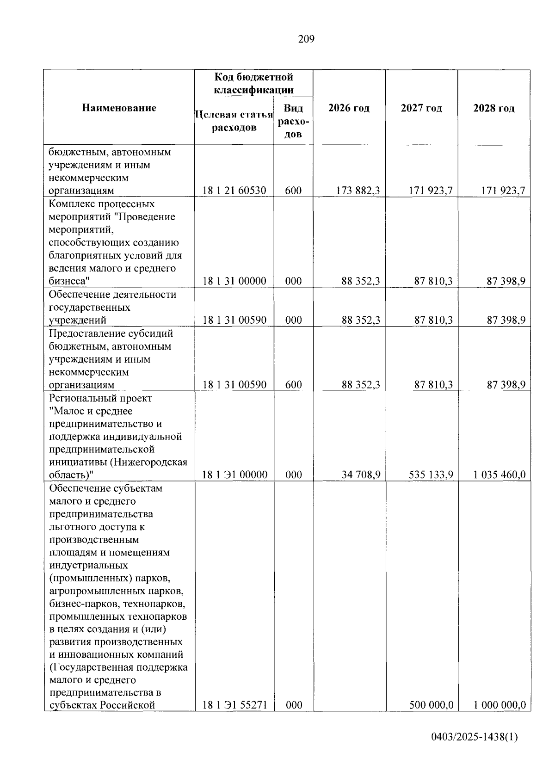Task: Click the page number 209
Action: [306, 39]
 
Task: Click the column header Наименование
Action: [119, 108]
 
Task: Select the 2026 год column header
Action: [349, 108]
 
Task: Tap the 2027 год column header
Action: [421, 108]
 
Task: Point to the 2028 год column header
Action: [493, 108]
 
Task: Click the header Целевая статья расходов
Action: [234, 121]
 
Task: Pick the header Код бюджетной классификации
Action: [253, 83]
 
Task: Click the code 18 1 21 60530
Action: [234, 191]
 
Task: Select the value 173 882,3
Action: [358, 191]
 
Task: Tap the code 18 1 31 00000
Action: [234, 281]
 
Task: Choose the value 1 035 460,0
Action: [499, 475]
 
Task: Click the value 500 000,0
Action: [431, 705]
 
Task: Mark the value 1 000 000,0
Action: [499, 705]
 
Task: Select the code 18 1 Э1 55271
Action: [234, 705]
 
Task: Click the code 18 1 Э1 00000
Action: [234, 475]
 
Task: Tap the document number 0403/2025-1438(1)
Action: [474, 750]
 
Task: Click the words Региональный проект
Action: [100, 398]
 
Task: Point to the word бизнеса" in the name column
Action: [69, 281]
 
